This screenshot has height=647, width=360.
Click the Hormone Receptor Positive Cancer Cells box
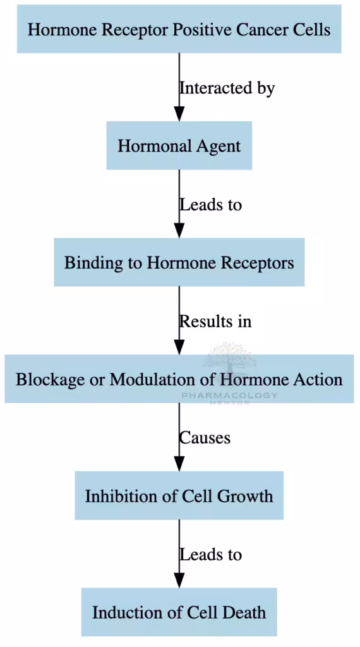(179, 29)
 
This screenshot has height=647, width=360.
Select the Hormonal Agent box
(179, 146)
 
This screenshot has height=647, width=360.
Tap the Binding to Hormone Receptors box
(179, 262)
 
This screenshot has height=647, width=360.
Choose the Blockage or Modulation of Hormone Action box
(179, 379)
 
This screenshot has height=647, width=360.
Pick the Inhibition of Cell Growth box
(179, 495)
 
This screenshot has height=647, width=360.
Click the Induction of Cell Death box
(179, 612)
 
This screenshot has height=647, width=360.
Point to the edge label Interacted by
(227, 88)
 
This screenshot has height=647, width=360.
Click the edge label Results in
(215, 321)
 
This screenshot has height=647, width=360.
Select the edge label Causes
(205, 437)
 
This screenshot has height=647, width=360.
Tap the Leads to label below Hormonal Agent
(210, 205)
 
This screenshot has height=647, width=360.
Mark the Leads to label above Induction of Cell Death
(210, 554)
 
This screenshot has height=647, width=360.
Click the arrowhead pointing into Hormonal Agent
(179, 114)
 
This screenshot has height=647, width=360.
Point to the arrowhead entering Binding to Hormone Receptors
(179, 231)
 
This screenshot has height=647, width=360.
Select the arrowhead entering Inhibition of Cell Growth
(179, 464)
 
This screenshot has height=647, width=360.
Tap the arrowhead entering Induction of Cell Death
(179, 581)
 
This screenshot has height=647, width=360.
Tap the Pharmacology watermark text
(229, 396)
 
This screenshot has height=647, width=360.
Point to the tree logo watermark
(228, 356)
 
